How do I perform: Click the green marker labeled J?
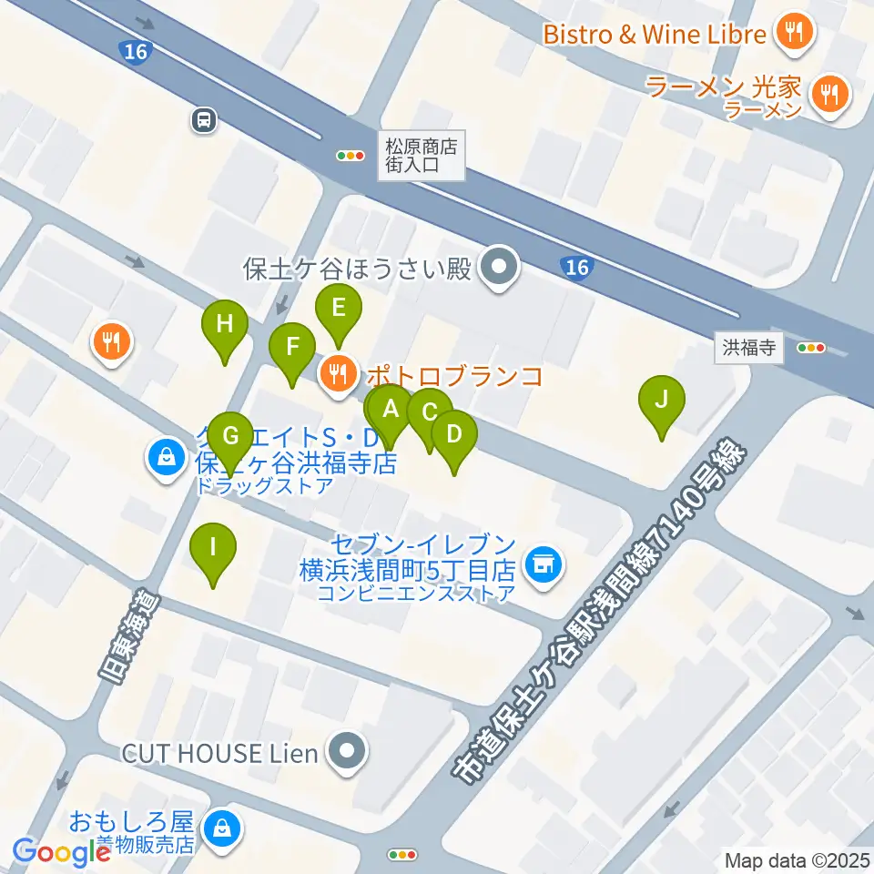pos(662,400)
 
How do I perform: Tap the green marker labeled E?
pos(338,308)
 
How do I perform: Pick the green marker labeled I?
pos(213,548)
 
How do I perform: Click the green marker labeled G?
pos(230,436)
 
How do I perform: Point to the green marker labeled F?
pos(292,347)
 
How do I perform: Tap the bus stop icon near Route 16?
pos(204,119)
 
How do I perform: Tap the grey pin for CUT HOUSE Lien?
pos(347,753)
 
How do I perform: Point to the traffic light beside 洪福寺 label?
pos(810,348)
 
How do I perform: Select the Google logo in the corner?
pos(61,852)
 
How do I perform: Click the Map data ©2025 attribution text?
pos(798,859)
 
